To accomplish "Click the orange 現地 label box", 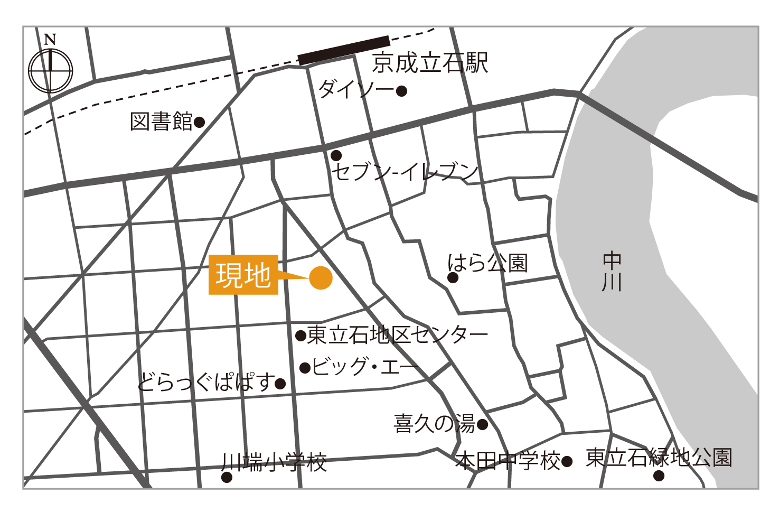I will [x=243, y=275].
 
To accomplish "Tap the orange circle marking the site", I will [x=321, y=277].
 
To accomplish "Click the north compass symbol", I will [x=50, y=70].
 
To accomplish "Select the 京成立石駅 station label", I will [x=430, y=63].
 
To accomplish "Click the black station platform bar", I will [x=344, y=50].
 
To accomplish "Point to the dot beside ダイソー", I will [x=401, y=91].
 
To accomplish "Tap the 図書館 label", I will [x=162, y=122].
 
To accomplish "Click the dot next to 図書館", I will [x=199, y=123].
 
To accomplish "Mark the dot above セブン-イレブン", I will [x=336, y=155].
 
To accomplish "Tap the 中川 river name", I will [x=612, y=272].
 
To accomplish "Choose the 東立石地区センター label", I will [x=398, y=335].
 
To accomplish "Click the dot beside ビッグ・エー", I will [x=305, y=368].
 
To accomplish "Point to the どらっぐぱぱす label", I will [x=207, y=381].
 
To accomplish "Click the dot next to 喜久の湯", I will [x=482, y=424].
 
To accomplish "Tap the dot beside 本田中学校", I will [x=567, y=462].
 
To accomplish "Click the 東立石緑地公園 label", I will [x=659, y=458].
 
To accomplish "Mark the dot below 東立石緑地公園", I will [x=659, y=476].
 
